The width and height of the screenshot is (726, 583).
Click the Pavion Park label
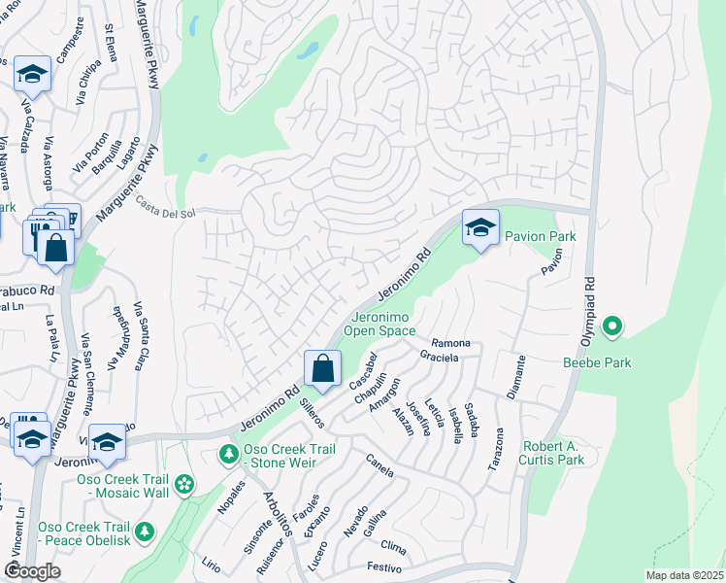tap(540, 236)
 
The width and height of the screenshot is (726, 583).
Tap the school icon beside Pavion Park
tap(479, 227)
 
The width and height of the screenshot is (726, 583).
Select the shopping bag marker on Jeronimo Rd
tap(322, 368)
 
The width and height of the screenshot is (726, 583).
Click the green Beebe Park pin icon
tap(611, 327)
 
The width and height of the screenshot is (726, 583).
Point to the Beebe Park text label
tap(597, 362)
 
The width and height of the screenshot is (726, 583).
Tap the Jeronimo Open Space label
tap(382, 324)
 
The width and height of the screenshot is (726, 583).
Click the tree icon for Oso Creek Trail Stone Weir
tap(228, 454)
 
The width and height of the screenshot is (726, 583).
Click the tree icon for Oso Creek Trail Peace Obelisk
tap(145, 531)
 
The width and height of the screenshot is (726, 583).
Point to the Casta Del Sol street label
tap(166, 208)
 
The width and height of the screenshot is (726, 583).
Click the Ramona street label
tap(450, 344)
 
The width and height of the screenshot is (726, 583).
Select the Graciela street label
tap(440, 356)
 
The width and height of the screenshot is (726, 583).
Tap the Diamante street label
tap(516, 376)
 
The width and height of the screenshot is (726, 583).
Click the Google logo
tap(32, 571)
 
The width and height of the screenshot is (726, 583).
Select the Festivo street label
tap(384, 566)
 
